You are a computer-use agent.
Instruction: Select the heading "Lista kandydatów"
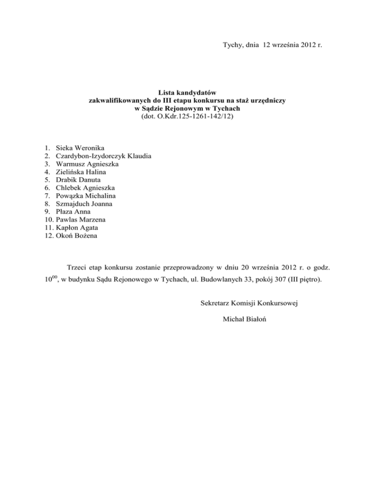pyautogui.click(x=187, y=92)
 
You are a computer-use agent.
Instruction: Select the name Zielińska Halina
pyautogui.click(x=81, y=172)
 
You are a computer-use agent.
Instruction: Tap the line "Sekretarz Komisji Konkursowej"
pyautogui.click(x=250, y=303)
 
